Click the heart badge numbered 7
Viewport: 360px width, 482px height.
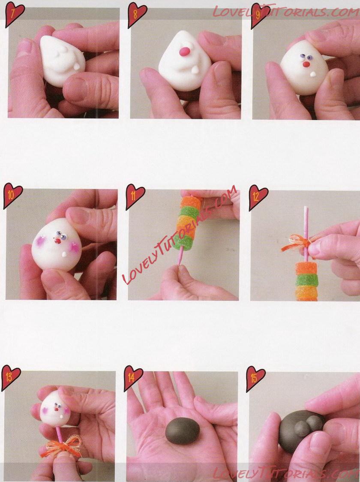tap(14, 14)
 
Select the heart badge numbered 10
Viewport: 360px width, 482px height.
tap(12, 195)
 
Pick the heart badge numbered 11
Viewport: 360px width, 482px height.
tap(135, 196)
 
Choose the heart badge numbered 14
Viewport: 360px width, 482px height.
tap(133, 378)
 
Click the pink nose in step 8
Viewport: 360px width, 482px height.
tap(184, 51)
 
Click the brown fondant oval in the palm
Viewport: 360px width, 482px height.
tap(183, 431)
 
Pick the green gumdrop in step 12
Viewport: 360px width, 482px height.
tap(306, 280)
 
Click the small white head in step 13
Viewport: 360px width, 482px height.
tap(55, 409)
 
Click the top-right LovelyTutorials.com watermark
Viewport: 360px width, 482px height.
tap(286, 12)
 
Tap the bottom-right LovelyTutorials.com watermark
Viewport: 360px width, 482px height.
tap(286, 474)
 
